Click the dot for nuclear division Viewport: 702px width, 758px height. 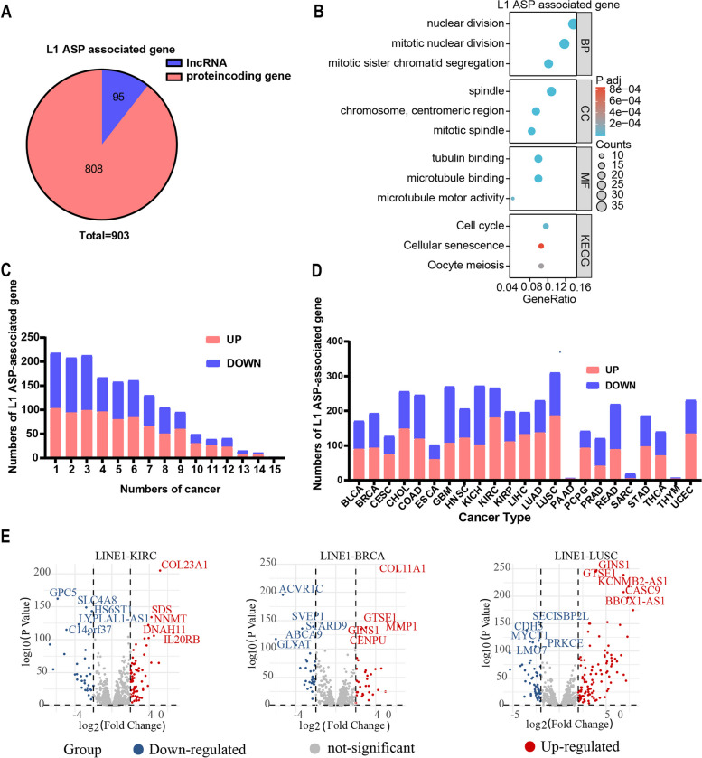tap(573, 23)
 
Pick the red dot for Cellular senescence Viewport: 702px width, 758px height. tap(540, 246)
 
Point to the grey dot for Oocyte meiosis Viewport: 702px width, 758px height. tap(540, 266)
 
